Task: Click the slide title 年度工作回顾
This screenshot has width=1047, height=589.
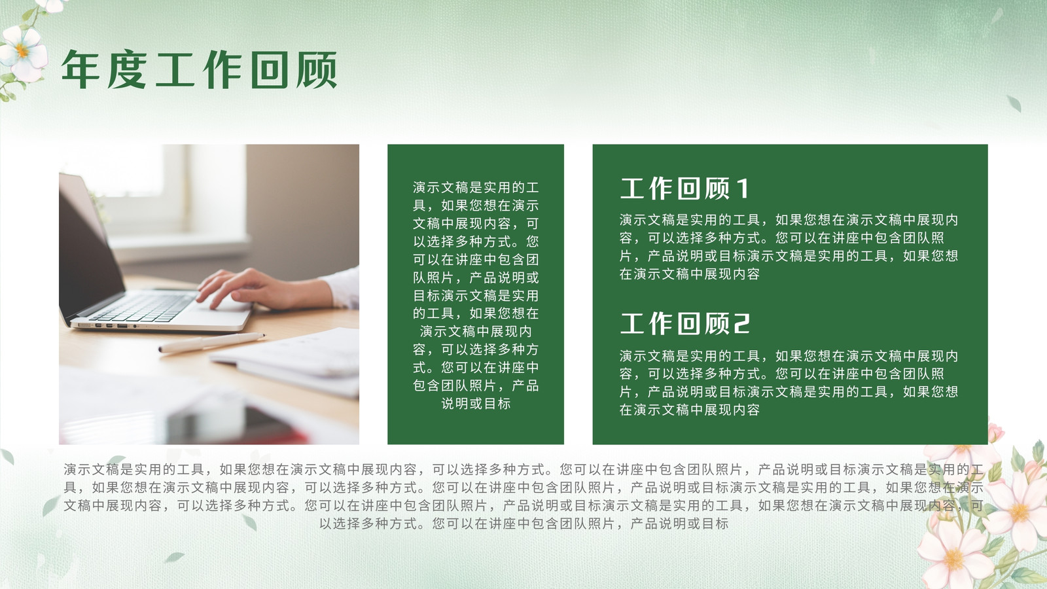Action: pyautogui.click(x=199, y=69)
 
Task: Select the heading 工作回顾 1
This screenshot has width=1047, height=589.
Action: pyautogui.click(x=684, y=188)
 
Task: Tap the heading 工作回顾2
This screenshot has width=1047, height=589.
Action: pyautogui.click(x=684, y=323)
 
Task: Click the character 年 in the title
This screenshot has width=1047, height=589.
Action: pyautogui.click(x=80, y=69)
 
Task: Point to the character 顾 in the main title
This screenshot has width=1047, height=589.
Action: pyautogui.click(x=317, y=69)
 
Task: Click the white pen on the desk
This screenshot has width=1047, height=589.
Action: pyautogui.click(x=212, y=342)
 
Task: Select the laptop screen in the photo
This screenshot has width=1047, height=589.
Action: pyautogui.click(x=89, y=248)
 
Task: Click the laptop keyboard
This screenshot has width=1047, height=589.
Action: pyautogui.click(x=143, y=307)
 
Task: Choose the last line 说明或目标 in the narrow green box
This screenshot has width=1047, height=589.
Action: pyautogui.click(x=476, y=403)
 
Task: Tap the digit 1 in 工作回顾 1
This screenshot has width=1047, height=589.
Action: pyautogui.click(x=743, y=188)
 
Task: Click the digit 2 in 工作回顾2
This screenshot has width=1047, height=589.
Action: pyautogui.click(x=742, y=323)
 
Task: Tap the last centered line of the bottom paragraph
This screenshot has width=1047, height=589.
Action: pyautogui.click(x=524, y=524)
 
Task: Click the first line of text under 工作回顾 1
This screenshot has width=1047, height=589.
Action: pyautogui.click(x=789, y=220)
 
